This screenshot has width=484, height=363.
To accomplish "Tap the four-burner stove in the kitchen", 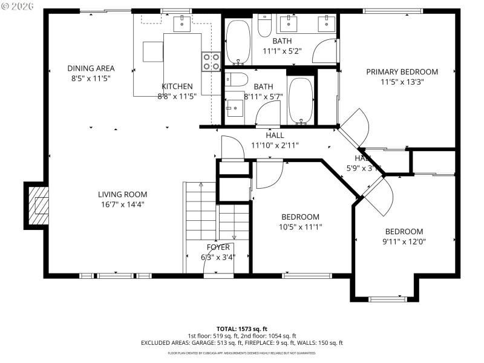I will pyautogui.click(x=211, y=61).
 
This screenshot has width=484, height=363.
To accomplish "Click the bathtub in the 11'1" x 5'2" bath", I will pyautogui.click(x=238, y=42).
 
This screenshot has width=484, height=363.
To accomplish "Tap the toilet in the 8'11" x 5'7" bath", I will pyautogui.click(x=236, y=79).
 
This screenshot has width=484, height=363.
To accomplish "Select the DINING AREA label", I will pyautogui.click(x=91, y=68).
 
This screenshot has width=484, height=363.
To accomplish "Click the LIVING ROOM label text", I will pyautogui.click(x=123, y=194).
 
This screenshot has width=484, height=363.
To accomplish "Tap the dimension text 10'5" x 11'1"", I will pyautogui.click(x=300, y=227).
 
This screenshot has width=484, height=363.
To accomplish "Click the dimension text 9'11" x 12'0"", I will pyautogui.click(x=404, y=241).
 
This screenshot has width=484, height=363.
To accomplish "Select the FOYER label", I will pyautogui.click(x=218, y=247).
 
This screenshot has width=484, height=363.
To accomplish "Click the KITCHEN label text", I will pyautogui.click(x=177, y=87).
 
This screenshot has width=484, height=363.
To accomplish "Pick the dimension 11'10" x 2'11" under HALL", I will pyautogui.click(x=275, y=145).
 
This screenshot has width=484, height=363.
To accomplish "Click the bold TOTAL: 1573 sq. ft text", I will pyautogui.click(x=242, y=328).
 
